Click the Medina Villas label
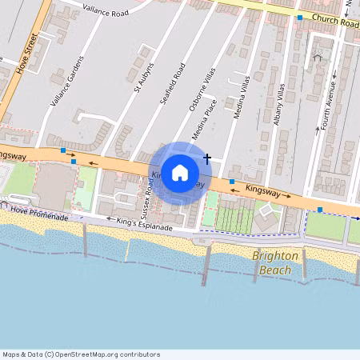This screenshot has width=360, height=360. click(242, 97)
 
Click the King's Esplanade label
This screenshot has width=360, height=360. click(144, 228)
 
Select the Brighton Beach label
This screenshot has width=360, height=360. click(275, 263)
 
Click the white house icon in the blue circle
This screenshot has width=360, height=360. click(180, 171)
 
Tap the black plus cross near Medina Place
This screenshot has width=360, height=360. click(207, 158)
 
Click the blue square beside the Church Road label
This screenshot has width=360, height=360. click(299, 17)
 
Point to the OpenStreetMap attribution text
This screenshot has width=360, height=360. click(80, 354)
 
